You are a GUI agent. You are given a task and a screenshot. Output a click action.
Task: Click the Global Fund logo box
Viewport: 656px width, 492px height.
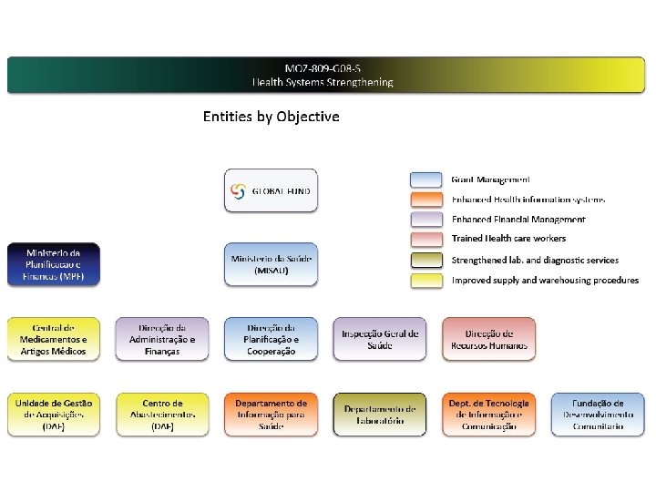point(272,190)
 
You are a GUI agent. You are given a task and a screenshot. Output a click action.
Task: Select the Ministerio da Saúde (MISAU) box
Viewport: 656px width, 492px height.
point(272,264)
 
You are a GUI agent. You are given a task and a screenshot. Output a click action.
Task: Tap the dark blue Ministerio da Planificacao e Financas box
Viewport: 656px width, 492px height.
point(54,264)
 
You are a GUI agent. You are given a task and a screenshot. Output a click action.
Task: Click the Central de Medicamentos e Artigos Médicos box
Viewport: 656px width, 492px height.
point(54,339)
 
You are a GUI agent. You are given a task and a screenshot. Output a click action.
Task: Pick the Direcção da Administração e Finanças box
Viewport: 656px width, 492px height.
point(162,339)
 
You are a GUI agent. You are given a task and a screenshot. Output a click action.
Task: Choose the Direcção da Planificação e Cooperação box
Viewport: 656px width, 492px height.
point(272,339)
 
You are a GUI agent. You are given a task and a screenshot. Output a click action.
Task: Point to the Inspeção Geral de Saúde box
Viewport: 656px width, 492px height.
point(380,339)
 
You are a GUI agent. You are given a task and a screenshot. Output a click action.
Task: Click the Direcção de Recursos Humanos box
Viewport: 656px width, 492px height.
point(489,339)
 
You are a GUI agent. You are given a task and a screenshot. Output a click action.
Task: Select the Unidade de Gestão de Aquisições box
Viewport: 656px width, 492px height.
point(54,415)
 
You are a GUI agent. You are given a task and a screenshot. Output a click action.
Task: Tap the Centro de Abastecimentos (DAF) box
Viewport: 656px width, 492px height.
point(162,415)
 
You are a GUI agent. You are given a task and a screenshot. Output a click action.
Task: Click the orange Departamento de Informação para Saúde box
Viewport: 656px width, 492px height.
point(272,415)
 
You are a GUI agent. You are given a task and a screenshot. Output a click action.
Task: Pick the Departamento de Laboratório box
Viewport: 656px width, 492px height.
point(380,415)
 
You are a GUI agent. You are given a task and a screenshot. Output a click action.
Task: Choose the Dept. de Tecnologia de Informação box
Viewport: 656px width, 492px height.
point(489,415)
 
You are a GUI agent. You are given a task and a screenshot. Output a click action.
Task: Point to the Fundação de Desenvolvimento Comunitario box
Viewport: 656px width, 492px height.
point(598,415)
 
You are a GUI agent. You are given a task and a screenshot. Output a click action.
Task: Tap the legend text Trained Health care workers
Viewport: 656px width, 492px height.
point(508,239)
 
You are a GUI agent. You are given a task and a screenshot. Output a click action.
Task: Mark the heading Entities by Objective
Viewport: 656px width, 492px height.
point(271,117)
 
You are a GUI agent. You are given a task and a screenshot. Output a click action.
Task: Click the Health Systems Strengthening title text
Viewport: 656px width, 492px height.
point(323,82)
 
